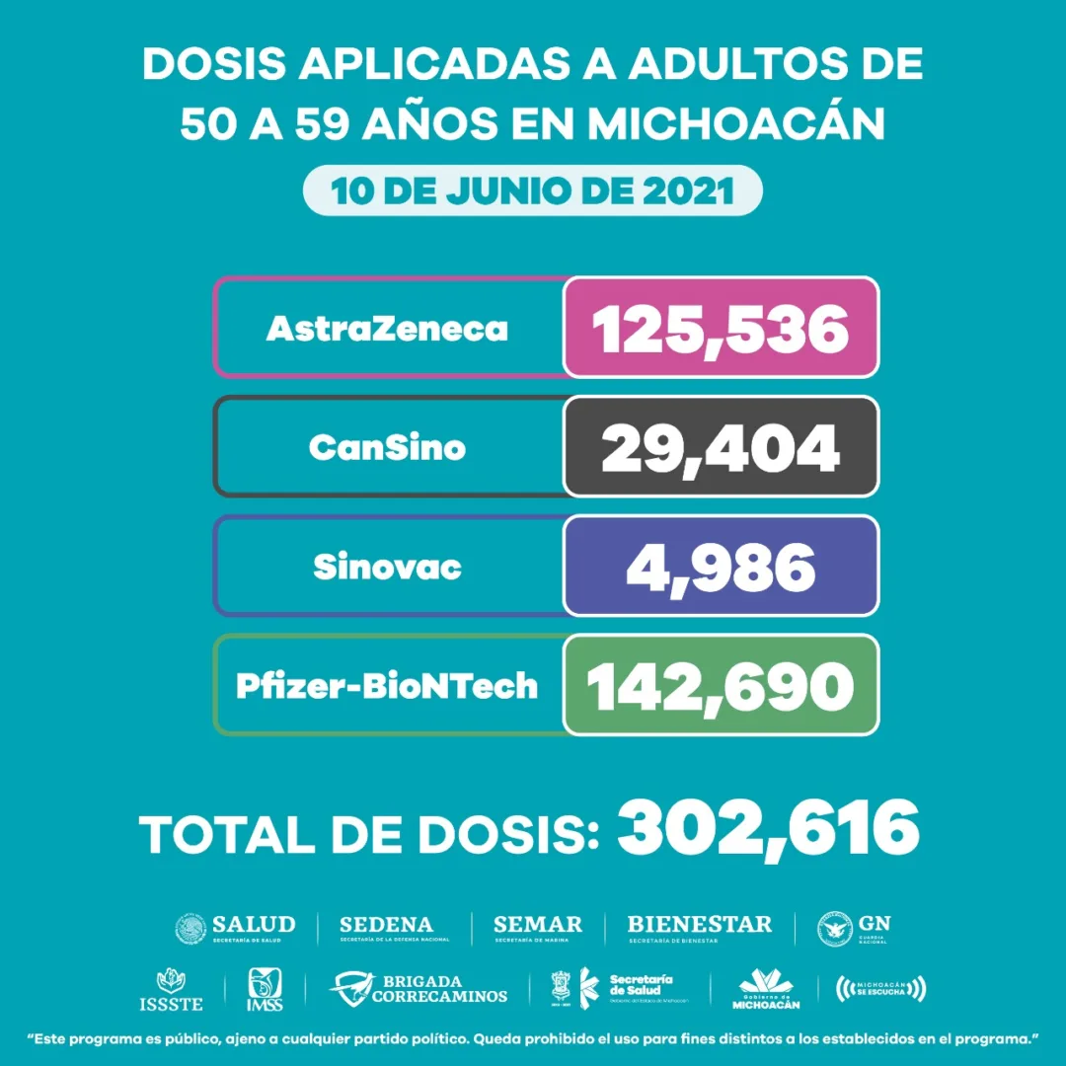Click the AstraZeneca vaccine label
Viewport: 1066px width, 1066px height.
point(387,329)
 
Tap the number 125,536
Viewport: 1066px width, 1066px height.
point(721,329)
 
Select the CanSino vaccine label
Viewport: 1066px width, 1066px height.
point(387,447)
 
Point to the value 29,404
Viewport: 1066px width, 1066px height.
point(721,447)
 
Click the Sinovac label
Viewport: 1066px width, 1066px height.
point(387,567)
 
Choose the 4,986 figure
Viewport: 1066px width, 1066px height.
point(721,567)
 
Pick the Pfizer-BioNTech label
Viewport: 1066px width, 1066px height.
point(387,685)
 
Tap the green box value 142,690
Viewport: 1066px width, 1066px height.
point(721,685)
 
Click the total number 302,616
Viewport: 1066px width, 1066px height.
point(769,830)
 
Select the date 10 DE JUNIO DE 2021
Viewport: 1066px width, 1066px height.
point(533,190)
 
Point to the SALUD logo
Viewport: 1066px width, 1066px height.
point(235,928)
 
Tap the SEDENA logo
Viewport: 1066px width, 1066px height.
point(387,928)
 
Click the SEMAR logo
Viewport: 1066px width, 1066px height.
point(538,928)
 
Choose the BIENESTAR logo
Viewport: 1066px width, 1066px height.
point(700,928)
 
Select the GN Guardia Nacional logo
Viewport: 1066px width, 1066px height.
point(855,928)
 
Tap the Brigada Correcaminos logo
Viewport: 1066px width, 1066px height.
point(419,988)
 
